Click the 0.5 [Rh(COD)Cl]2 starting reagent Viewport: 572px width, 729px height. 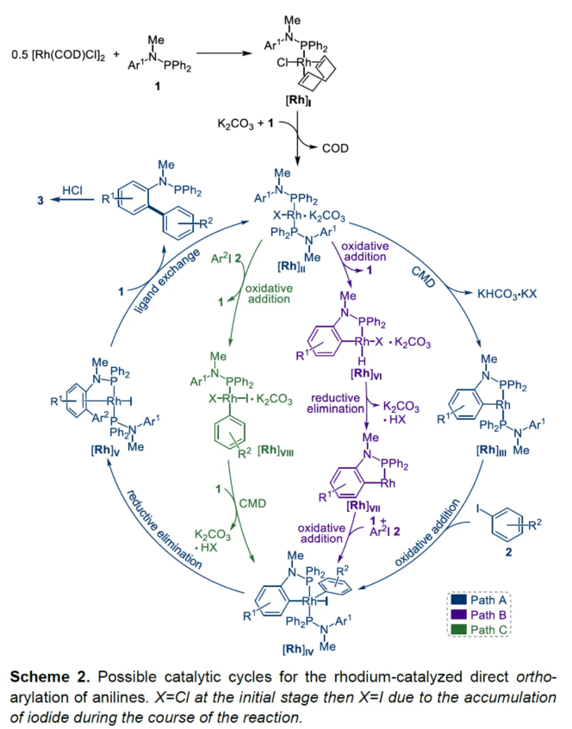(54, 55)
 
